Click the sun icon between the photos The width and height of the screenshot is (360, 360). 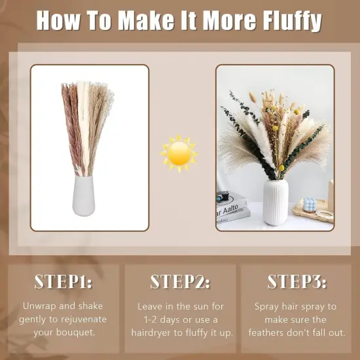point(179,153)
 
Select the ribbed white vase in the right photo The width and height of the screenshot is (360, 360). point(276,202)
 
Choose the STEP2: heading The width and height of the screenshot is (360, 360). point(180,282)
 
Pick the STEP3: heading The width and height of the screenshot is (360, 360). point(297,282)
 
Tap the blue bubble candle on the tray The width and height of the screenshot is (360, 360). point(307,204)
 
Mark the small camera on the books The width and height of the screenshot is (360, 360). point(223,194)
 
